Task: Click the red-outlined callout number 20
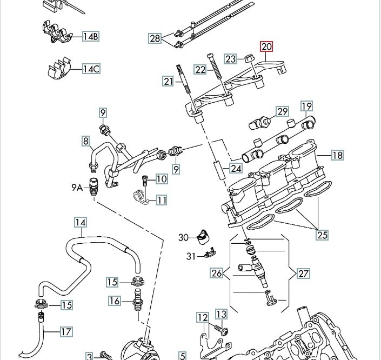pos(266,47)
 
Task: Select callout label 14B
pos(90,37)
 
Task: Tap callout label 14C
pos(91,69)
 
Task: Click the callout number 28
pos(156,38)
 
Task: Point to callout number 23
pos(231,59)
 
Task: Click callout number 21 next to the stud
pos(168,82)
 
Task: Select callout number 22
pos(200,70)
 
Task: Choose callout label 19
pos(307,106)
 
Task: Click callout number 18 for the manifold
pos(337,156)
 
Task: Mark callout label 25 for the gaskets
pos(322,234)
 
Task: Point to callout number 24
pos(236,168)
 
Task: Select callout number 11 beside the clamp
pos(162,201)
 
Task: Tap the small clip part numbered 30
pos(203,236)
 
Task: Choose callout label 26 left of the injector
pos(217,274)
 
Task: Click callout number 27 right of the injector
pos(304,274)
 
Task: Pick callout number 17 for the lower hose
pos(66,331)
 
